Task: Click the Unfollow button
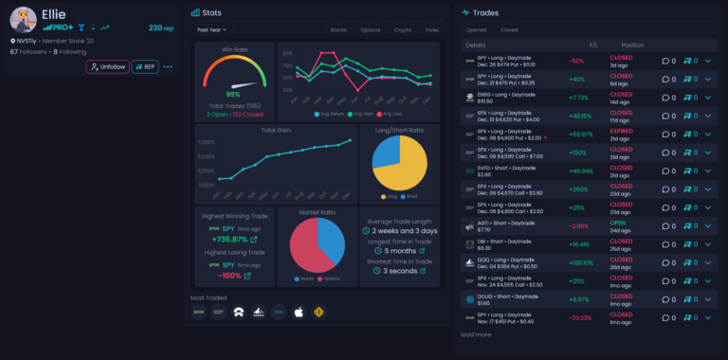(x=107, y=66)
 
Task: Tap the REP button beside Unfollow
(x=144, y=66)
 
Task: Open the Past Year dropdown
(x=211, y=29)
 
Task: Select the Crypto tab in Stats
(x=402, y=29)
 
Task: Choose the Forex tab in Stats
(x=432, y=29)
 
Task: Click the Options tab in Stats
(x=371, y=29)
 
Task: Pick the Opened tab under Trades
(x=476, y=30)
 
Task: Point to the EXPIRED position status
(x=622, y=135)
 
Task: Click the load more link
(x=476, y=334)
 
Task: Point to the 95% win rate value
(x=232, y=94)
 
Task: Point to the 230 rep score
(x=161, y=28)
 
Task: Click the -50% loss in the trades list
(x=575, y=61)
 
